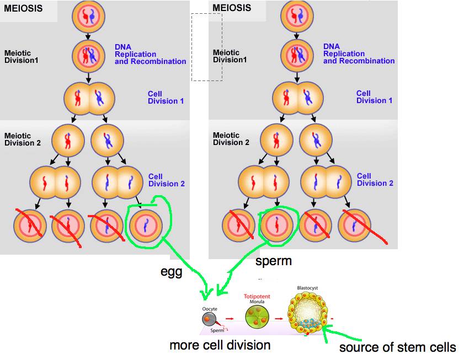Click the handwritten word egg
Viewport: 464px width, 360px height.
pyautogui.click(x=171, y=272)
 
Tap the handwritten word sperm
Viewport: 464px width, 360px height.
pyautogui.click(x=273, y=261)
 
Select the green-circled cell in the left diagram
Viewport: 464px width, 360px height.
pyautogui.click(x=146, y=225)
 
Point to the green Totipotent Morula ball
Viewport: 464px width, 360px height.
pyautogui.click(x=257, y=317)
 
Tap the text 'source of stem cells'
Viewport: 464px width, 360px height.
pyautogui.click(x=397, y=347)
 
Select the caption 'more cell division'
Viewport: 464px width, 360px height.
pyautogui.click(x=220, y=346)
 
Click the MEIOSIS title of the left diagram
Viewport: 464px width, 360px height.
pyautogui.click(x=23, y=8)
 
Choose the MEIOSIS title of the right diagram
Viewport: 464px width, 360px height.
pyautogui.click(x=232, y=8)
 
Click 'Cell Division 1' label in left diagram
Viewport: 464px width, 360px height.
pyautogui.click(x=166, y=98)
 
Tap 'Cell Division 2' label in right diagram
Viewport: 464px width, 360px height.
pyautogui.click(x=375, y=180)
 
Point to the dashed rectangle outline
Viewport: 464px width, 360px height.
pyautogui.click(x=207, y=47)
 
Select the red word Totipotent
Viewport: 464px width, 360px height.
pyautogui.click(x=257, y=297)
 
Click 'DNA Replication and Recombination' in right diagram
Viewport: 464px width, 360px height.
pyautogui.click(x=359, y=54)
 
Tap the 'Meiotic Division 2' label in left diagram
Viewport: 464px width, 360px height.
pyautogui.click(x=18, y=139)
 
